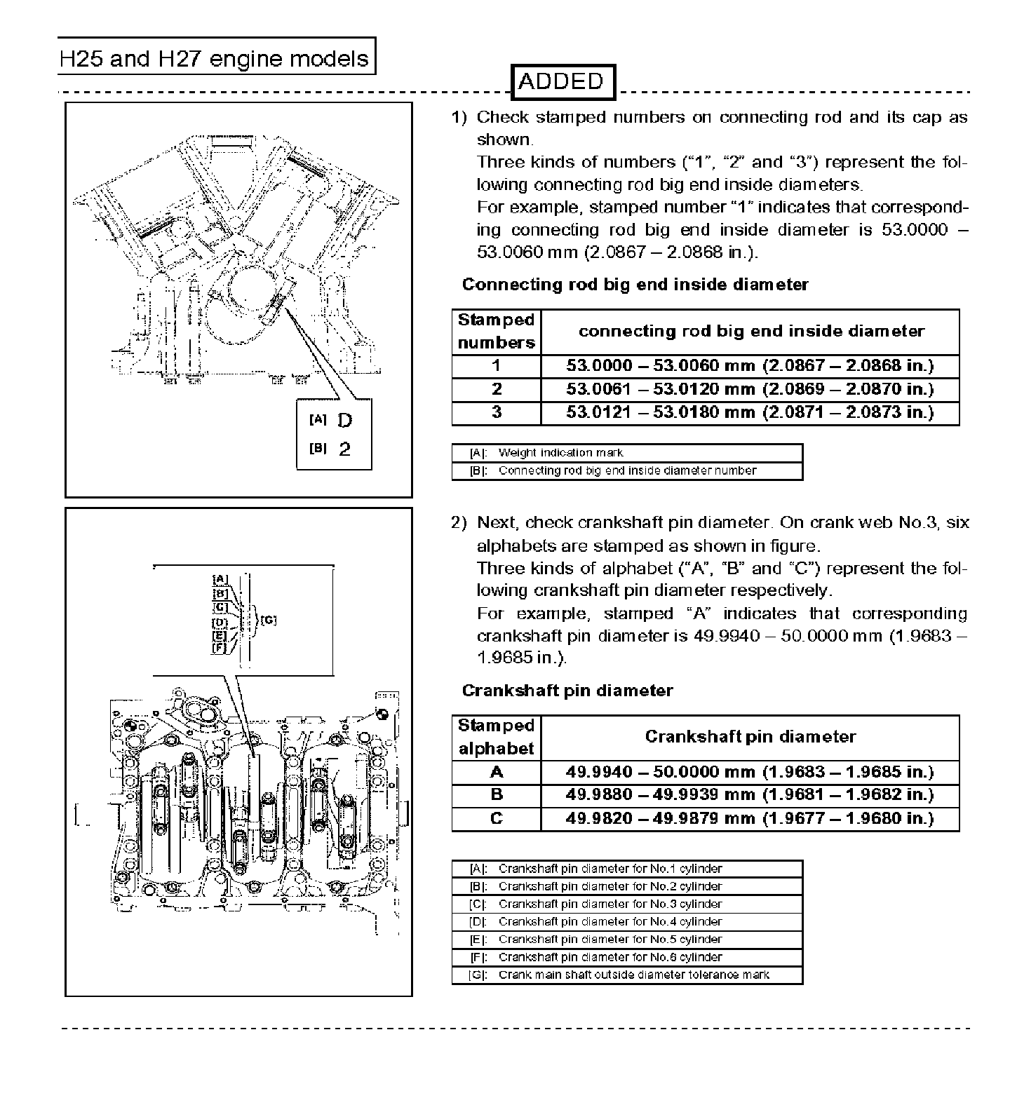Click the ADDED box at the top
tap(561, 82)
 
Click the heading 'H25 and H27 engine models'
tap(215, 57)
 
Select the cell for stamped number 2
tap(497, 389)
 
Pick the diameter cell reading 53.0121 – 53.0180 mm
tap(750, 412)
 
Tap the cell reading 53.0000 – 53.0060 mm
tap(750, 366)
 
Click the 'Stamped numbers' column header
tap(497, 332)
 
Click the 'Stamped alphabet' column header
tap(497, 738)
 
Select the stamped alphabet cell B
tap(497, 795)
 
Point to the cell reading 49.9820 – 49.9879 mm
tap(750, 818)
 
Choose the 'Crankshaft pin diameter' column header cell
tap(750, 738)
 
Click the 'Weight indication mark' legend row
tap(627, 453)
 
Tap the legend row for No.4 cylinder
tap(627, 922)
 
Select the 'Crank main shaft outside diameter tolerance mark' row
tap(627, 975)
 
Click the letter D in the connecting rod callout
tap(345, 421)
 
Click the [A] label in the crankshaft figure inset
tap(220, 579)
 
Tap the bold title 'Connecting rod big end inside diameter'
tap(635, 285)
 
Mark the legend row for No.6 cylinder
tap(627, 958)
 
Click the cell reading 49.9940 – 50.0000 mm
tap(750, 773)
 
